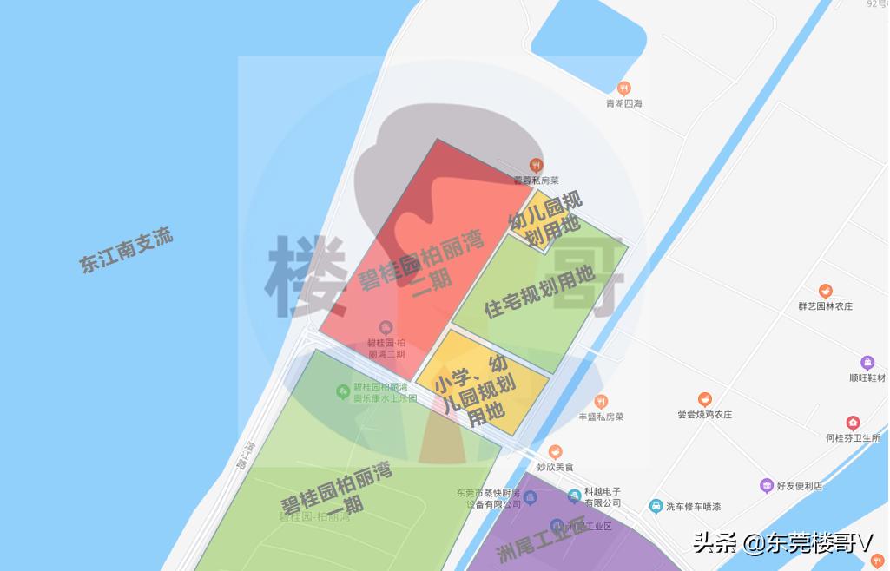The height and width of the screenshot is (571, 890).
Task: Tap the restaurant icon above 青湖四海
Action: coord(623,88)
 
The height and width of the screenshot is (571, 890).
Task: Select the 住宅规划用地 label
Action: coord(539,292)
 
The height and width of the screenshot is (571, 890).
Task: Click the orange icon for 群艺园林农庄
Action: coord(826,291)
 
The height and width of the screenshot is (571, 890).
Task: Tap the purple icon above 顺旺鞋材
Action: coord(867,363)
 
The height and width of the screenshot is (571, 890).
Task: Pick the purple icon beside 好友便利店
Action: coord(766,485)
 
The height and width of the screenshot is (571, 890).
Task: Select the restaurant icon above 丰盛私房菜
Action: coord(601,401)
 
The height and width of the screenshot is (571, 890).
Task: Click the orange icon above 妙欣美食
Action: coord(556,451)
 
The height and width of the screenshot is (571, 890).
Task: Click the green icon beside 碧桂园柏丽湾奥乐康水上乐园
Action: coord(343,392)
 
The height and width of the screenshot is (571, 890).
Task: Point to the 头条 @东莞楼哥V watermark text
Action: coord(781,544)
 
